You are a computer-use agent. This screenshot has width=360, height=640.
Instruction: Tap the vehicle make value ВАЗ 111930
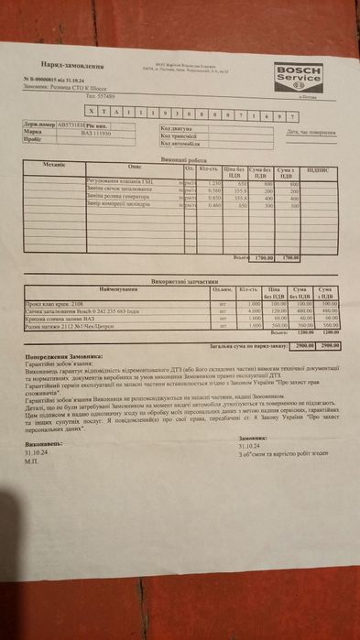(x=90, y=133)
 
